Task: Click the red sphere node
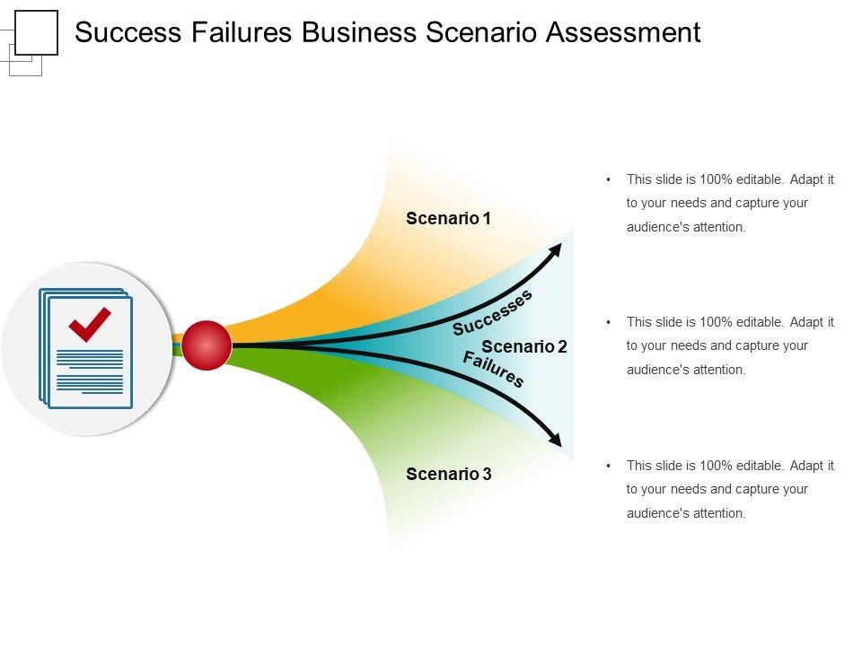point(207,344)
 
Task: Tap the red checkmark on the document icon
point(89,325)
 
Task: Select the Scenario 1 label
point(448,218)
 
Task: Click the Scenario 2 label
point(524,346)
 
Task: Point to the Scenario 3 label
point(448,474)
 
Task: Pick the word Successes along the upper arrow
point(492,312)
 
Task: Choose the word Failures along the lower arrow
point(493,369)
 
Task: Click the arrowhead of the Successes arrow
point(556,249)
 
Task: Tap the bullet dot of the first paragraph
point(609,179)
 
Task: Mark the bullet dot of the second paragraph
point(609,322)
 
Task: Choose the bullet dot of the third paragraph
point(609,466)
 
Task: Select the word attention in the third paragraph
point(719,513)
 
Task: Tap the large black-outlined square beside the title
point(37,33)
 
